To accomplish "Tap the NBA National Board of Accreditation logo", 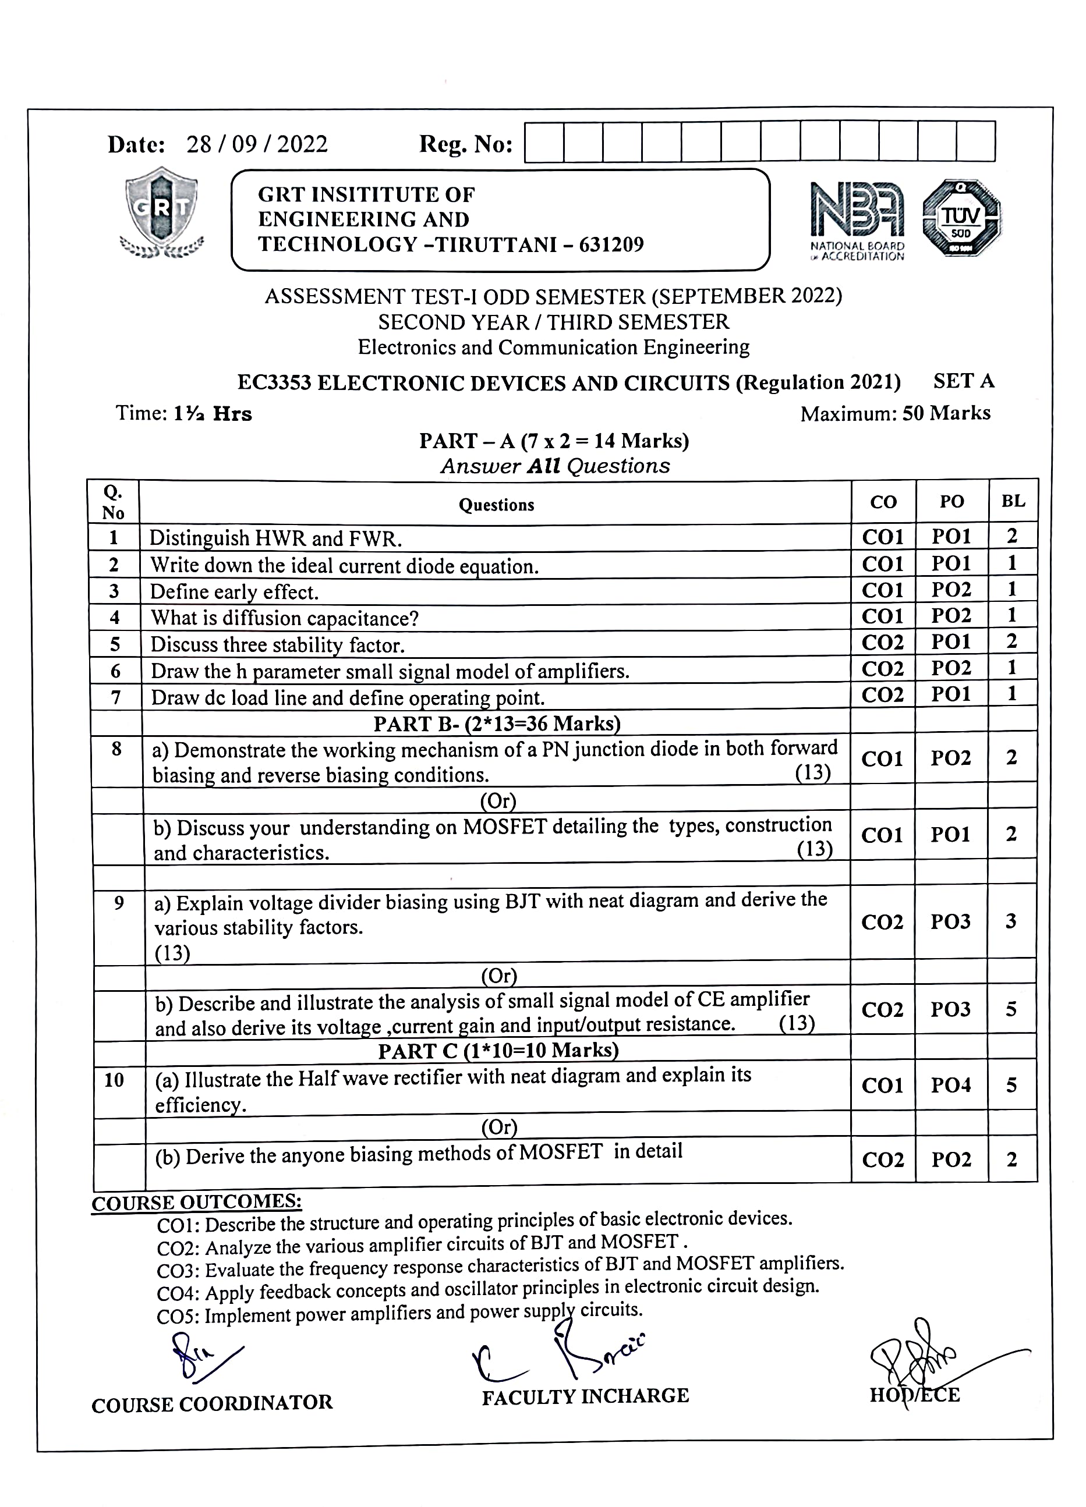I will [857, 219].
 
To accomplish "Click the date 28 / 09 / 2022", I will [257, 144].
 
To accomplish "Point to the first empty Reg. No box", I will [544, 141].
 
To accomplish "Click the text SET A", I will [963, 381].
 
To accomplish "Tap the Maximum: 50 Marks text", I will [894, 413].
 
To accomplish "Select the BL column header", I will [1012, 501].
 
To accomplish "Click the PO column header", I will [951, 502].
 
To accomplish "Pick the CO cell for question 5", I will [883, 642].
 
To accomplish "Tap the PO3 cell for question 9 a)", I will [950, 921].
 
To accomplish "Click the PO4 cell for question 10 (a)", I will [951, 1085].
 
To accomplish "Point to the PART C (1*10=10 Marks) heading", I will [498, 1051].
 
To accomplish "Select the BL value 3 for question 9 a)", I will [1010, 921].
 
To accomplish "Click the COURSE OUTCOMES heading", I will [197, 1203].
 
